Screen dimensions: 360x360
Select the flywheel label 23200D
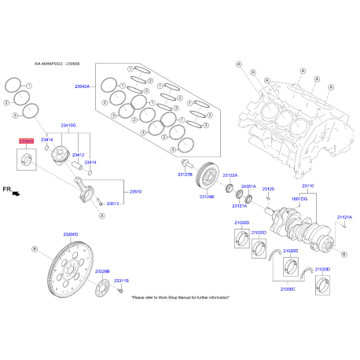[72, 234]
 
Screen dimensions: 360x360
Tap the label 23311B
[121, 281]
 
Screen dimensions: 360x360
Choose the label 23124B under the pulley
[207, 197]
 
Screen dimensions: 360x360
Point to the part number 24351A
[248, 186]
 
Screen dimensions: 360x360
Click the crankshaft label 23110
[307, 186]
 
